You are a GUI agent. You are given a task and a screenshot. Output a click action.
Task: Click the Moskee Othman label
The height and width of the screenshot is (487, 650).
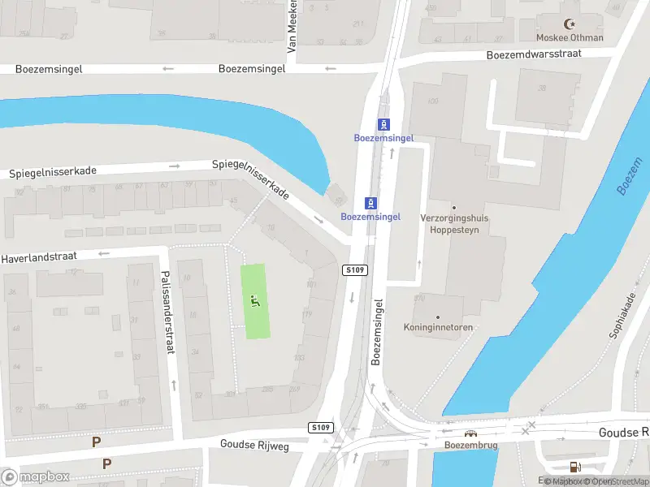570,37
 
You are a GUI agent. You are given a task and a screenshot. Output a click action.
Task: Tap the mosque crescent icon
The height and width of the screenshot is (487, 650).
570,24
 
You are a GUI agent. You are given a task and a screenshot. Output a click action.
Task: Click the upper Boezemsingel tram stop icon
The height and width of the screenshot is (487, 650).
383,124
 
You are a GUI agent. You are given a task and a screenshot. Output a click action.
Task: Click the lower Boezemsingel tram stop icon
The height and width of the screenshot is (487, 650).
370,202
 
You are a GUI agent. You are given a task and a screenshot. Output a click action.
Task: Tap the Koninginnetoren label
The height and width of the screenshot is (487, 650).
438,327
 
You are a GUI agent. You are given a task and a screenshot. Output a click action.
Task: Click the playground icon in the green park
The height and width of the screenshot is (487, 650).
256,302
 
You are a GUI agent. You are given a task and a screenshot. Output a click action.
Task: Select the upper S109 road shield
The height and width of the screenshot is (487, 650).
355,269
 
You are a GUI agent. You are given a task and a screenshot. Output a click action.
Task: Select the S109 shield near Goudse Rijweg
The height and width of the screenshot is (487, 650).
321,427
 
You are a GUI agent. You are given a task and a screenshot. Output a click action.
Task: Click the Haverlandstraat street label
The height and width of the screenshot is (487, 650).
39,256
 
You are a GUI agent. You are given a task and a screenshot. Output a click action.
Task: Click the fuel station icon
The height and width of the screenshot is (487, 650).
575,467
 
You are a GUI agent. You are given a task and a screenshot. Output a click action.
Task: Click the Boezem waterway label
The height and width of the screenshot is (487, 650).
629,176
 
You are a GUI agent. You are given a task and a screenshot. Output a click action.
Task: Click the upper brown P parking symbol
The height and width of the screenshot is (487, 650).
96,442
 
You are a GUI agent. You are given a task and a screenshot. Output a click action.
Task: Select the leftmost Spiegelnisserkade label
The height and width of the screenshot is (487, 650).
54,173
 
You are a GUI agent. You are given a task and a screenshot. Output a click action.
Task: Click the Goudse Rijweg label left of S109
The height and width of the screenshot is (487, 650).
255,444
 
